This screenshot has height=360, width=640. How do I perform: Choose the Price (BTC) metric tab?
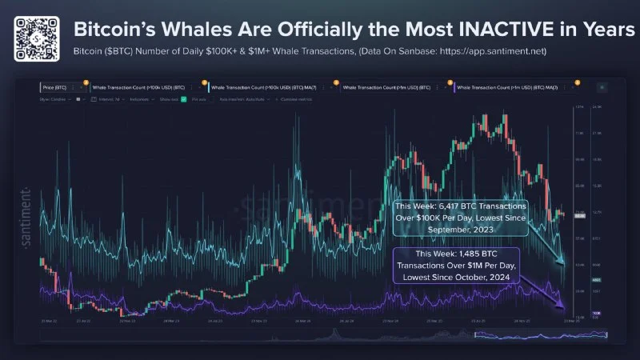coord(57,87)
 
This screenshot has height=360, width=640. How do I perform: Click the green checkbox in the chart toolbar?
coord(184,99)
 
